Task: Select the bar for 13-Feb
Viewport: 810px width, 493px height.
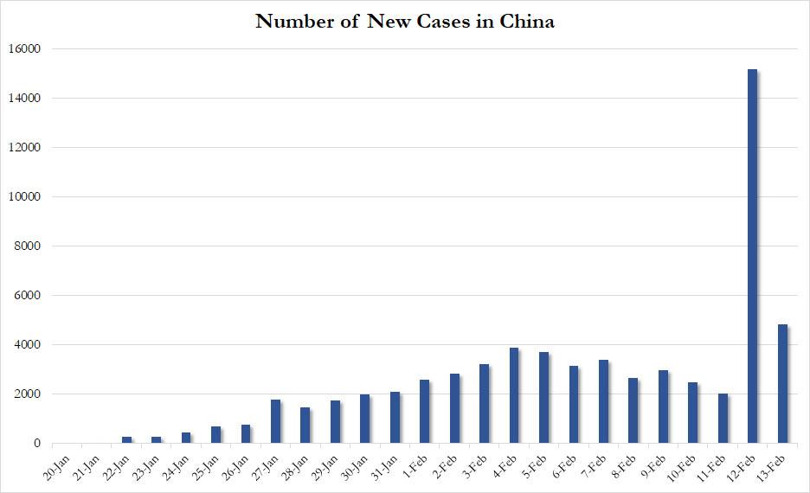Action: (782, 384)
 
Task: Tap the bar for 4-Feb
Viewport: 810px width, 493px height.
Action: (514, 395)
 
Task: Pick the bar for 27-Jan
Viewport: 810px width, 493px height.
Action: (275, 421)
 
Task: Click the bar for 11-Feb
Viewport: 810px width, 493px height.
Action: (723, 419)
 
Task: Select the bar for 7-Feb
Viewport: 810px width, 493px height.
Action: (603, 401)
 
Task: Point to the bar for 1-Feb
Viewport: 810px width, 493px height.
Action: (425, 412)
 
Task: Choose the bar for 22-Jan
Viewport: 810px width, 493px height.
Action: (126, 440)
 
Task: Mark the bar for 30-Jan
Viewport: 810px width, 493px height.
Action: (365, 419)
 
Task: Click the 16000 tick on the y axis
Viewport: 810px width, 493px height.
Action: (25, 49)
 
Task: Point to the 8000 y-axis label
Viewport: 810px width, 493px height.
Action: (29, 246)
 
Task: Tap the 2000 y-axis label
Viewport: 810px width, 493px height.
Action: (29, 394)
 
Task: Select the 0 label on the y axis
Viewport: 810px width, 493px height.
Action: (37, 444)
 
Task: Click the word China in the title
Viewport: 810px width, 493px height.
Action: (527, 22)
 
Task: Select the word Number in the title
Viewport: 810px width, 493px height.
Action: (292, 22)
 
